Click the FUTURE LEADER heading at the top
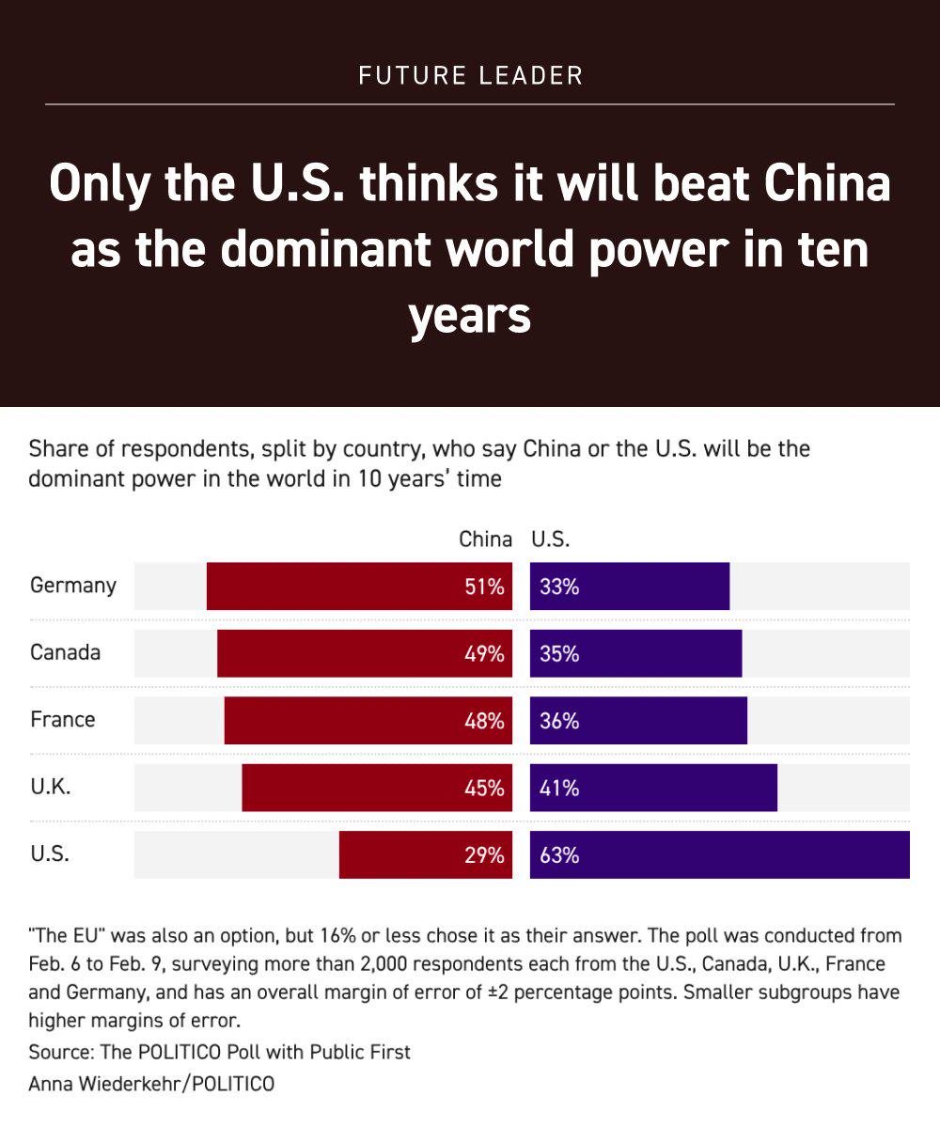(x=470, y=76)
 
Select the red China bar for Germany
(x=359, y=586)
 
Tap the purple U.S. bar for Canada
(x=635, y=653)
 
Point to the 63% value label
(x=559, y=856)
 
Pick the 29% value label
(x=484, y=856)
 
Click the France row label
(x=62, y=720)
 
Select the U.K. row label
(x=51, y=787)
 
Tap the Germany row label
(x=73, y=586)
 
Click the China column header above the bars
(x=485, y=540)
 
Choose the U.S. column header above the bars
(x=551, y=540)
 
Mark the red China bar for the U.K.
(x=377, y=788)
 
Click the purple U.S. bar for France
(x=638, y=721)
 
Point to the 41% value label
(x=559, y=789)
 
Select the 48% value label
(x=484, y=721)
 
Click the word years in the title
(x=470, y=318)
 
